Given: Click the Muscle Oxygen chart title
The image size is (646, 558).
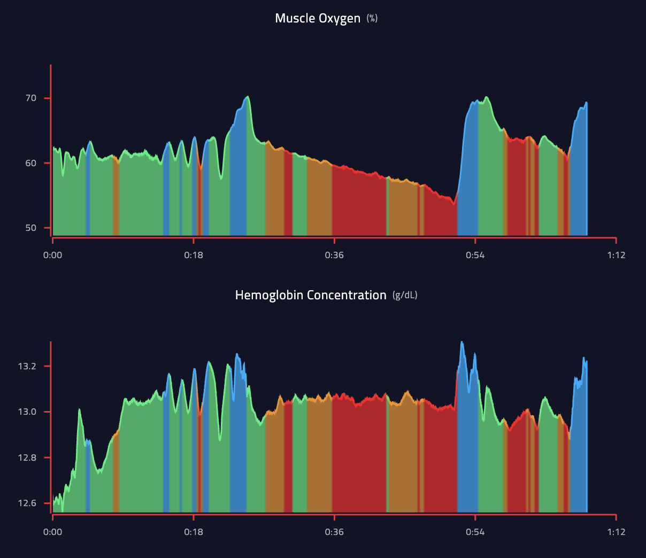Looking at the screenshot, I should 318,18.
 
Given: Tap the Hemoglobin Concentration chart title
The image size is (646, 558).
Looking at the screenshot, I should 311,295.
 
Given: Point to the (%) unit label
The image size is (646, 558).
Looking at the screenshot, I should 372,19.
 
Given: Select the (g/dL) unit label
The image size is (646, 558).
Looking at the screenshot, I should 405,295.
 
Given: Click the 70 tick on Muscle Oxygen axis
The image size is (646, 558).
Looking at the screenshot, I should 31,98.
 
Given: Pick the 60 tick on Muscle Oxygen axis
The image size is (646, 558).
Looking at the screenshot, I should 31,163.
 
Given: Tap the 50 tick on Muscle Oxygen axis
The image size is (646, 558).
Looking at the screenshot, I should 31,228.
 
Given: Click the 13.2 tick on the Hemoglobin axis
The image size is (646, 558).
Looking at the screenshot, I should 27,366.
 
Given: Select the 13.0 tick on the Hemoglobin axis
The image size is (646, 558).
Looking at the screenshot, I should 27,412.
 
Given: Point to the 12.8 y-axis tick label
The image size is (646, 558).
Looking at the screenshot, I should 27,458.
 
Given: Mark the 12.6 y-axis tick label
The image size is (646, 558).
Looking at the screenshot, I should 27,503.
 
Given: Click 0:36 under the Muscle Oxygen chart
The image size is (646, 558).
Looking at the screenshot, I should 334,255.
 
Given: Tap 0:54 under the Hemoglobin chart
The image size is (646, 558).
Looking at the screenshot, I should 475,532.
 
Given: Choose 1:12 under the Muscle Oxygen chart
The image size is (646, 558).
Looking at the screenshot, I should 616,255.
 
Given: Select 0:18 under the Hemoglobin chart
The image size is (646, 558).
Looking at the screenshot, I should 194,532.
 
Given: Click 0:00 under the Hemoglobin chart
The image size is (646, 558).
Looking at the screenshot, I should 52,532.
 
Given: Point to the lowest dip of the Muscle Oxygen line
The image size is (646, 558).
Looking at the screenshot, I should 453,204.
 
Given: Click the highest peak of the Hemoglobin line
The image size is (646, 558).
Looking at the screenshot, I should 462,342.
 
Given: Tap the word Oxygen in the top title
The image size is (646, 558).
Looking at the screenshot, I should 340,18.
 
